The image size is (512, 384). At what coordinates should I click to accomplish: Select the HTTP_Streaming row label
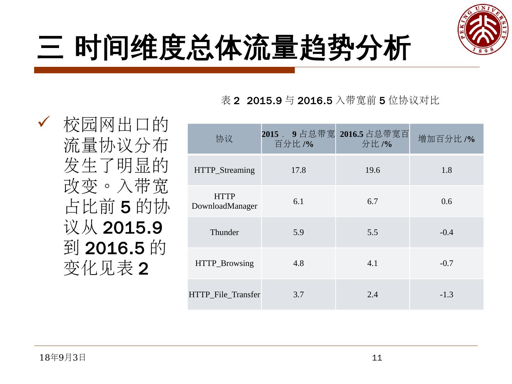[224, 170]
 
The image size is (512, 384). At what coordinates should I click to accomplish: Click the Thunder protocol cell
[224, 233]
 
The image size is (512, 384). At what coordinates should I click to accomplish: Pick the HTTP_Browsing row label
[224, 263]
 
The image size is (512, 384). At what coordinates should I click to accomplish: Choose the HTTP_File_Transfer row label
[224, 295]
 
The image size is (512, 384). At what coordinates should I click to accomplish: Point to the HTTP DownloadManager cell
[224, 201]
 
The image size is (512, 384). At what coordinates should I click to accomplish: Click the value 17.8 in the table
[298, 170]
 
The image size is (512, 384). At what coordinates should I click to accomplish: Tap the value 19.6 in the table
[372, 170]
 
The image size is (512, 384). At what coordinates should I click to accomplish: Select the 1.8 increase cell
[446, 170]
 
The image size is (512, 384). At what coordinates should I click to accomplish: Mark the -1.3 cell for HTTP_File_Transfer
[446, 295]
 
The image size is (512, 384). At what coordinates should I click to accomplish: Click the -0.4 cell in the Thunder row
[446, 233]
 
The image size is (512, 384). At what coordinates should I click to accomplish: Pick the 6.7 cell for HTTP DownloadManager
[372, 202]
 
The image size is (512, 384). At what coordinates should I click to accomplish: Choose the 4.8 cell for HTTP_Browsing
[298, 263]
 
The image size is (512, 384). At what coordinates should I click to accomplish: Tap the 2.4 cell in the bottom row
[372, 295]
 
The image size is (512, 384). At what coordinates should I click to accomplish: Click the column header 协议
[224, 139]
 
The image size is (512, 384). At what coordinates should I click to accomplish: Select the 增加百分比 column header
[446, 139]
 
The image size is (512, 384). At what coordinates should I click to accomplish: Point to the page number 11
[377, 358]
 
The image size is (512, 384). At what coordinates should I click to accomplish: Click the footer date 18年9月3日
[63, 357]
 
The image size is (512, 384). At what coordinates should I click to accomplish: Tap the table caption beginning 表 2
[330, 101]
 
